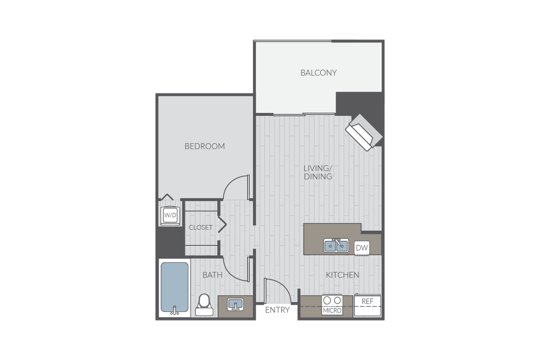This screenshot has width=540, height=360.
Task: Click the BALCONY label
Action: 318,73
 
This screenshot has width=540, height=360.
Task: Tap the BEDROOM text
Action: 205,146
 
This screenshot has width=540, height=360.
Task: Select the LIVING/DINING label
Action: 318,172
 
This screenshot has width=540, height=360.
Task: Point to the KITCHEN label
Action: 343,275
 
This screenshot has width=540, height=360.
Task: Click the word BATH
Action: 213,275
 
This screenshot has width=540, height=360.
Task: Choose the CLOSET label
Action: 201,227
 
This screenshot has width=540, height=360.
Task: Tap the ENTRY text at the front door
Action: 277,310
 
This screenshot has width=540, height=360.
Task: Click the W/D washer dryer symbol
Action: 170,215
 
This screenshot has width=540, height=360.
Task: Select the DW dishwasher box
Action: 362,248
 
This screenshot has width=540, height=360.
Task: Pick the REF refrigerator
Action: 368,305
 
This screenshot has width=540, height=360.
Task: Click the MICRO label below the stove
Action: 332,311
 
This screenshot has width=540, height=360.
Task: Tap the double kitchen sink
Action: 336,246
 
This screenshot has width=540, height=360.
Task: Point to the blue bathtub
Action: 175,288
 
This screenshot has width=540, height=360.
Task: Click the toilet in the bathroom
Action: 204,305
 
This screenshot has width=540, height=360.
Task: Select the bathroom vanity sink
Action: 236,305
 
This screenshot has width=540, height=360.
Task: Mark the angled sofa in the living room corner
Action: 364,132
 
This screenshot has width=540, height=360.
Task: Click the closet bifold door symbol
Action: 222,225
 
